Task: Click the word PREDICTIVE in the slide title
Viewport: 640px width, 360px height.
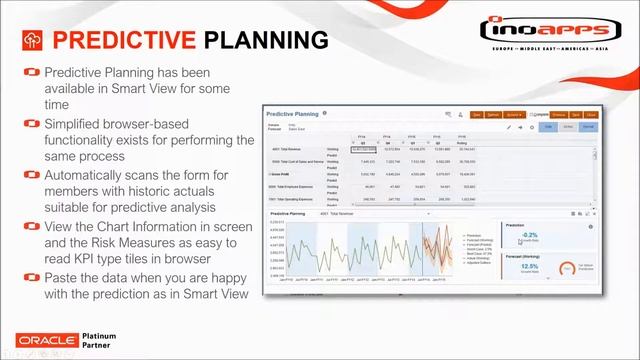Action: pos(123,39)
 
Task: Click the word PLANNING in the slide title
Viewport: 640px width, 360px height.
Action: pos(266,39)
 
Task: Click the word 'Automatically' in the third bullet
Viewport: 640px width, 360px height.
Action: pos(93,175)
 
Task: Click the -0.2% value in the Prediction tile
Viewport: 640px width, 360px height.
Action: pos(529,235)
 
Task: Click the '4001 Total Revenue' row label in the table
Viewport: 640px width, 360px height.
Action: pos(290,147)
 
